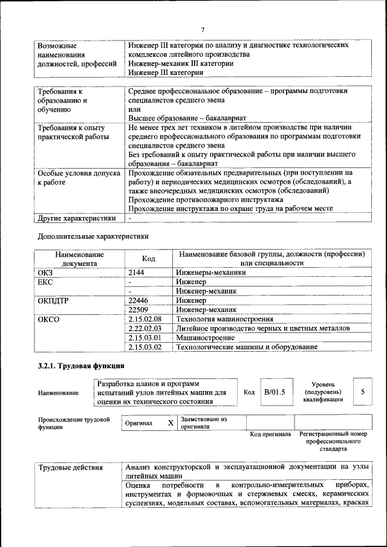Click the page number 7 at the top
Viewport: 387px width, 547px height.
pos(203,30)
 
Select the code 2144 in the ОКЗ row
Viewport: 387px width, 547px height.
pos(137,273)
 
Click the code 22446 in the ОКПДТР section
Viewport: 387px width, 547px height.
pos(138,300)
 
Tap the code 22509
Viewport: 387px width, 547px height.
pos(138,309)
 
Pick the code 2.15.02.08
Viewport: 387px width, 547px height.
pos(145,319)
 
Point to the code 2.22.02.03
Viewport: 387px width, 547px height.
pos(145,328)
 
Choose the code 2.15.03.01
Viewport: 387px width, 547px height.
pos(145,338)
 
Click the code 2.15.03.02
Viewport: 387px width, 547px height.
pos(145,347)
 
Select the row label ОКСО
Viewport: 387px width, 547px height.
pos(48,319)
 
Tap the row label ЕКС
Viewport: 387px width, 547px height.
pos(45,282)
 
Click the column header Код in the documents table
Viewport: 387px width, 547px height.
pos(148,259)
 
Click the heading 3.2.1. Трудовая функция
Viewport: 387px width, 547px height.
pos(81,366)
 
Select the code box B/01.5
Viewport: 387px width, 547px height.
pos(274,392)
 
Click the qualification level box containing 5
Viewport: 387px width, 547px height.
pos(362,392)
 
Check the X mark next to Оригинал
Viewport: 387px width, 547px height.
pos(171,423)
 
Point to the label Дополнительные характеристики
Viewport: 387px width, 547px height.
pos(93,236)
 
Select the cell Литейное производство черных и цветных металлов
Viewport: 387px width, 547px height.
pos(262,328)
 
